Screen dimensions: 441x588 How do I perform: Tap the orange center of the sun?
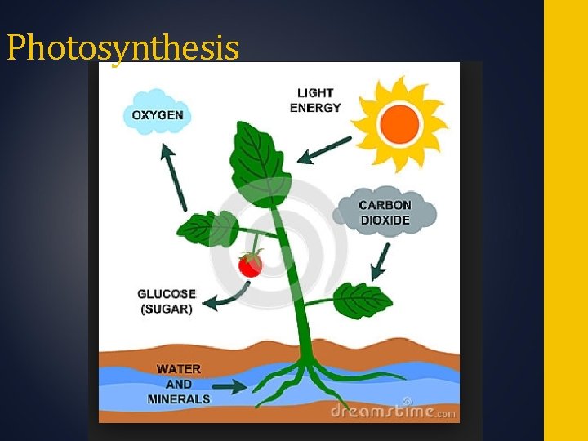[x=399, y=124]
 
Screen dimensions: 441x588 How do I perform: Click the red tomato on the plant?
[x=250, y=264]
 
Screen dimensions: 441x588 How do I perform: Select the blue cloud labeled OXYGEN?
[x=158, y=115]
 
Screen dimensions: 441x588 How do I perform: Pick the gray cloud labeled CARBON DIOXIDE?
[x=385, y=212]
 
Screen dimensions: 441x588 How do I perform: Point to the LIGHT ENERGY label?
[x=314, y=100]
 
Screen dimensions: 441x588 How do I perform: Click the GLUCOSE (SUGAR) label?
[x=167, y=301]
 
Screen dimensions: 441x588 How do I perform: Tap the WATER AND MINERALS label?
[x=179, y=384]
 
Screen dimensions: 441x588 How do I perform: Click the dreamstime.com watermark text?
[x=392, y=412]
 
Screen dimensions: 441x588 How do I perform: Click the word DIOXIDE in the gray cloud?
[x=385, y=220]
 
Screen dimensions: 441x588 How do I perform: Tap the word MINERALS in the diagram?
[x=179, y=399]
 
